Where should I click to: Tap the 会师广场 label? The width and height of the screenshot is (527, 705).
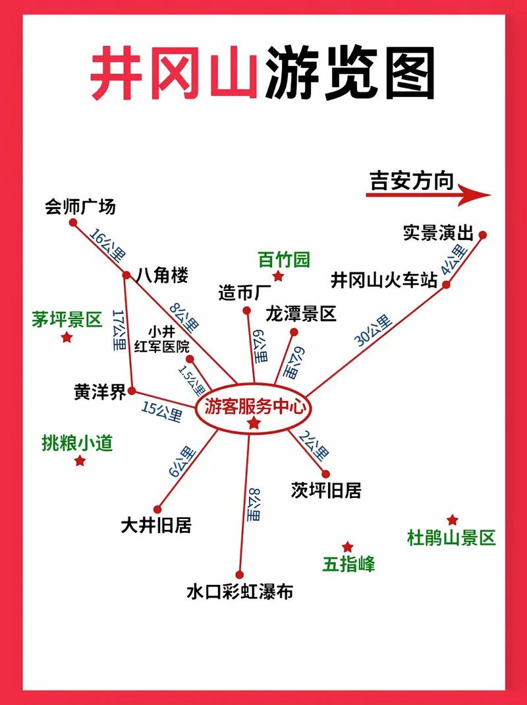[x=80, y=206]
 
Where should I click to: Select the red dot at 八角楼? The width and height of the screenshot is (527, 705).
[x=127, y=275]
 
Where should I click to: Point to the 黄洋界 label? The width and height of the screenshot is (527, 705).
[x=99, y=392]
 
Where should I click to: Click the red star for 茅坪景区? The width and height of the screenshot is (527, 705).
[x=67, y=338]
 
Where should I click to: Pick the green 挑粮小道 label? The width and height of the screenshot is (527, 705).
[x=77, y=442]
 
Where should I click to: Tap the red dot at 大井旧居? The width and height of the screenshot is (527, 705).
[x=157, y=508]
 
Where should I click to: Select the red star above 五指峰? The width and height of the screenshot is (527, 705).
[x=348, y=547]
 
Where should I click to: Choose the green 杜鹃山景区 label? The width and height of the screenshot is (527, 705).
[x=451, y=538]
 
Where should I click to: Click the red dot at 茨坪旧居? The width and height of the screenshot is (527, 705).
[x=325, y=473]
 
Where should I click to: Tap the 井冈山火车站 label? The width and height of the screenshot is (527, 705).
[x=384, y=280]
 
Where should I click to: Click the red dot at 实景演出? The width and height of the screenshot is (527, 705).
[x=482, y=235]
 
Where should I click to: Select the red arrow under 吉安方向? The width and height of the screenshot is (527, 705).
[x=429, y=195]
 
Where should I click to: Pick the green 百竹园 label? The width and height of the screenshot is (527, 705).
[x=284, y=259]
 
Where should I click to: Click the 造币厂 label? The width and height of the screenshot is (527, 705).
[x=245, y=292]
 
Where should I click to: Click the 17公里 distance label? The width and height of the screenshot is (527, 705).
[x=119, y=329]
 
